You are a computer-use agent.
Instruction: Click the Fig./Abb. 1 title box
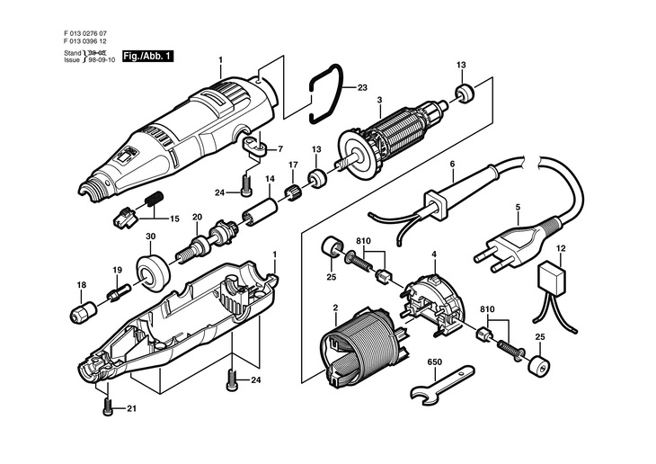tap(147, 56)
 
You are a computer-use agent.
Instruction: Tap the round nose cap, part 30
tap(153, 271)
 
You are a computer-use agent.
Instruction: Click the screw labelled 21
tap(108, 406)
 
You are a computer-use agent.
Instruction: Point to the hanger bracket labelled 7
tap(254, 147)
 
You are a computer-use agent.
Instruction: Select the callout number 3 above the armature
tap(379, 100)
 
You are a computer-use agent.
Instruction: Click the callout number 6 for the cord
tap(452, 165)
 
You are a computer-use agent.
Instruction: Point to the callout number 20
tap(197, 217)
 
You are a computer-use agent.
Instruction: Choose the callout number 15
tap(174, 219)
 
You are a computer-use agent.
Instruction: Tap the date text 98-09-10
tap(100, 60)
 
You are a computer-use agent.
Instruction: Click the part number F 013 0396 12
tap(85, 41)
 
